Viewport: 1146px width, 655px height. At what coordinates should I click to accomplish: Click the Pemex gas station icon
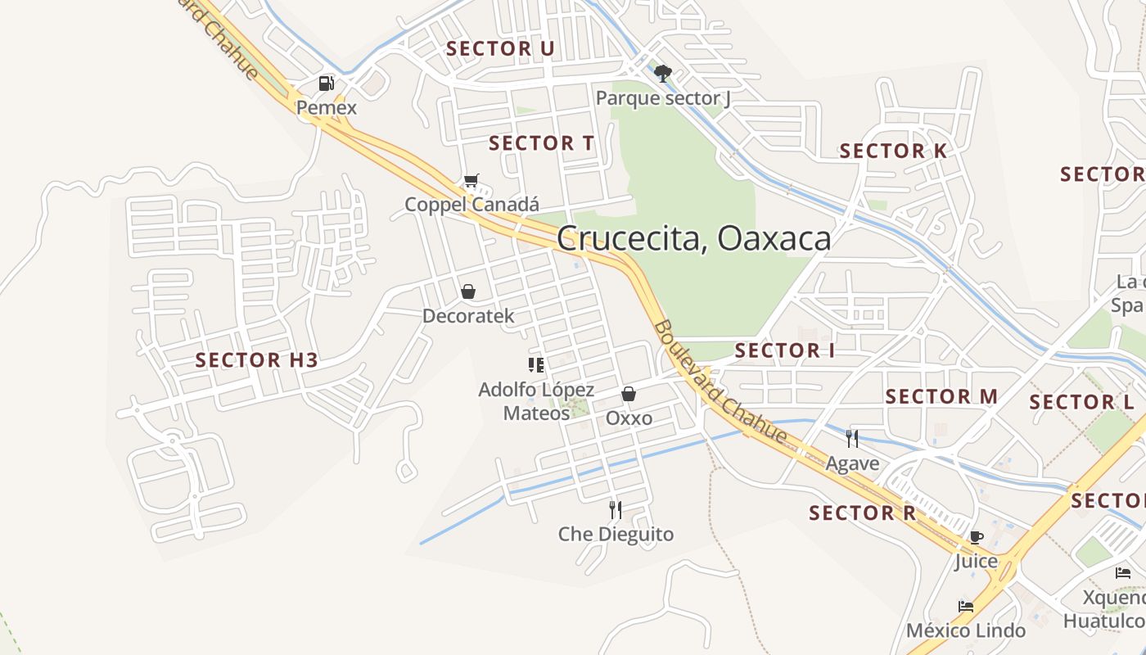coord(326,83)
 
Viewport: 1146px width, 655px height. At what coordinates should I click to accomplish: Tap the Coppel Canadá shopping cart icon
coord(471,180)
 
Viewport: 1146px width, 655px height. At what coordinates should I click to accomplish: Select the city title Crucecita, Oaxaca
coord(693,238)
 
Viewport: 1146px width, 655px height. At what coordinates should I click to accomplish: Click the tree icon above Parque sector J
coord(662,74)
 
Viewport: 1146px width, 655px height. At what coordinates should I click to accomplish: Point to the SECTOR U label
coord(500,48)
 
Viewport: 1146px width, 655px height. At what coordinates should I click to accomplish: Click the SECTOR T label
coord(541,143)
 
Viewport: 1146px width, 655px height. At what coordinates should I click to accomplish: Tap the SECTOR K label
coord(893,151)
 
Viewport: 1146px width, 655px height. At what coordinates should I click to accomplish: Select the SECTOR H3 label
coord(256,359)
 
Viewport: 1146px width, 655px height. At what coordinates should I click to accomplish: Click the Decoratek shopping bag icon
coord(468,291)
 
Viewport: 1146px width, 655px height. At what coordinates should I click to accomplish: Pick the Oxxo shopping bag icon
coord(629,394)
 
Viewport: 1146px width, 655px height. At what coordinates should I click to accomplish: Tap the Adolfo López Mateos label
coord(536,401)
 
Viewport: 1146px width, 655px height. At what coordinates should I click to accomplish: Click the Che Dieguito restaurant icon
coord(616,510)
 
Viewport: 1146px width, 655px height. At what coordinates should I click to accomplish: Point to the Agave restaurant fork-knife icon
coord(852,439)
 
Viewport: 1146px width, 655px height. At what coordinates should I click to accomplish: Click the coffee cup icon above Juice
coord(976,537)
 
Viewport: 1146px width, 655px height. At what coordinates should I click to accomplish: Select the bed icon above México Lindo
coord(966,607)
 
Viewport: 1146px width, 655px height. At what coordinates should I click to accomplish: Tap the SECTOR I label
coord(784,350)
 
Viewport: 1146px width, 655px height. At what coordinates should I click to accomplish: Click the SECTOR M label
coord(941,396)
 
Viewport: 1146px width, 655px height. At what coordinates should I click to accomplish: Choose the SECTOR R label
coord(862,513)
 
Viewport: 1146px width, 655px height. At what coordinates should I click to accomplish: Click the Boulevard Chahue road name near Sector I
coord(719,382)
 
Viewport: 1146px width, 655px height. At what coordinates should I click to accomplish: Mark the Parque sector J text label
coord(662,98)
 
